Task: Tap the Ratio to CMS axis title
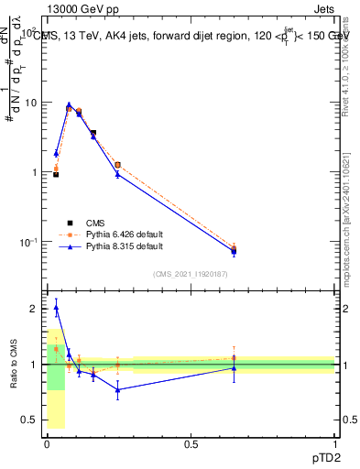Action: pyautogui.click(x=14, y=365)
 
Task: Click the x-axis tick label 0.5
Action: pyautogui.click(x=191, y=443)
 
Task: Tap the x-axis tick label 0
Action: pyautogui.click(x=47, y=443)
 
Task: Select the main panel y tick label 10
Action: pyautogui.click(x=28, y=103)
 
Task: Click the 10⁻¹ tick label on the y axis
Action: pyautogui.click(x=27, y=243)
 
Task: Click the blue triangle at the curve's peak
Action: pyautogui.click(x=69, y=105)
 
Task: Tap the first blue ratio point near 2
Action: pyautogui.click(x=56, y=308)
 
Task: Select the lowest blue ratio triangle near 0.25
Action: pyautogui.click(x=117, y=389)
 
